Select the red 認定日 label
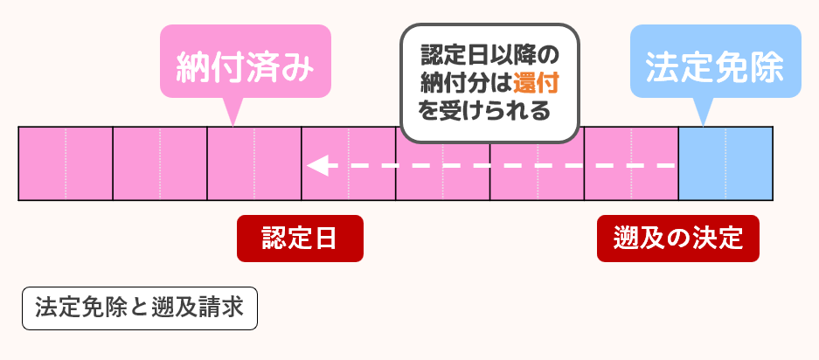click(300, 239)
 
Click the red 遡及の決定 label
click(678, 239)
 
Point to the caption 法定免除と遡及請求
click(140, 308)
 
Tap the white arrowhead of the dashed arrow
click(316, 164)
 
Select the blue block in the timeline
click(725, 164)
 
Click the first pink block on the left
click(66, 164)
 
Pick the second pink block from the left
click(160, 164)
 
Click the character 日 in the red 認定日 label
click(327, 239)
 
